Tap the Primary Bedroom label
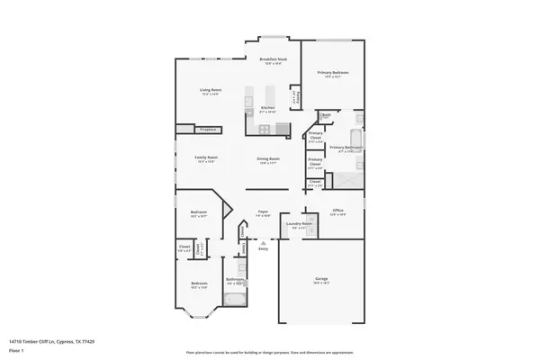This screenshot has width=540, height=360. click(333, 72)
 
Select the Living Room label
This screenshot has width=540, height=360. click(211, 90)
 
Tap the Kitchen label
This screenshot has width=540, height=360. click(267, 108)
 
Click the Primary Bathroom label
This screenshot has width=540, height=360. click(346, 147)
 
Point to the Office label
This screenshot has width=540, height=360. click(337, 211)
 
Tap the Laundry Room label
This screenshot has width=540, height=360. click(299, 224)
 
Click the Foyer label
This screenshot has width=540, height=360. click(263, 211)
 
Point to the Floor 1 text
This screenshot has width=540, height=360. click(17, 349)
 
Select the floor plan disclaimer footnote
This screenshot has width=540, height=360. click(269, 351)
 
